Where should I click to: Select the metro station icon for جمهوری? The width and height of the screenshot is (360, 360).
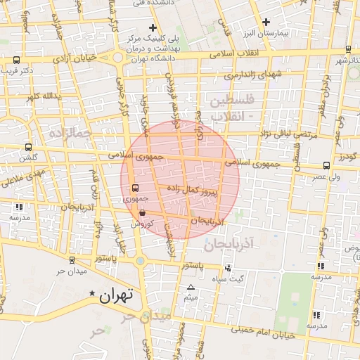136,188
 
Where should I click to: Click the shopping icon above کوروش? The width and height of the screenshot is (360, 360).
143,212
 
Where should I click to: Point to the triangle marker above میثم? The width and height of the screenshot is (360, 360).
190,288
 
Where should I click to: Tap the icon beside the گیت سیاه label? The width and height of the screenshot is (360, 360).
228,268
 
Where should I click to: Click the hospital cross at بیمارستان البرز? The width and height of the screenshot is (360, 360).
266,22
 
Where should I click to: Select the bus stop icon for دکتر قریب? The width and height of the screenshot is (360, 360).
16,60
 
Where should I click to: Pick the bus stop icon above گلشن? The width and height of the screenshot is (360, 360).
28,147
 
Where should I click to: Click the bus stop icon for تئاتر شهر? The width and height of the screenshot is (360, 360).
349,49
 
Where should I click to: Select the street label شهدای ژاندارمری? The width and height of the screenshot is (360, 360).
252,74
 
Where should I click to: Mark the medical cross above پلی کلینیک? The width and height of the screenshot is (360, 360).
152,27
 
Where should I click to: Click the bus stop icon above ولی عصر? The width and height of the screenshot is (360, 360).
326,165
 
